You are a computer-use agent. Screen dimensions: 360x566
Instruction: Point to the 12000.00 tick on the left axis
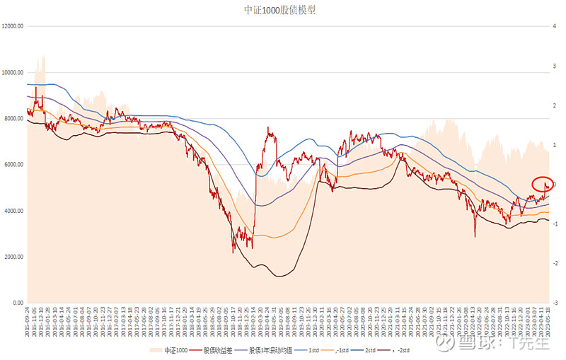point(13,26)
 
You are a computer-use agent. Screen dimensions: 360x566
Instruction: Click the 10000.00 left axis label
point(13,72)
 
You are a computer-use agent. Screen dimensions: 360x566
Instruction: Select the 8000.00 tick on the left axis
point(14,118)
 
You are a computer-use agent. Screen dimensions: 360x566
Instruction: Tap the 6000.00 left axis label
point(14,164)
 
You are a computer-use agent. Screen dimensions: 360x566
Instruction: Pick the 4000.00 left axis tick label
point(14,211)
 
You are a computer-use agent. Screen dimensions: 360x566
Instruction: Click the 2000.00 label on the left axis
point(14,257)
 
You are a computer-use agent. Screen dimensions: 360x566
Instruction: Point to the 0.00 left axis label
point(18,303)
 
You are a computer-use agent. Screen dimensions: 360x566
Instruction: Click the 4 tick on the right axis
point(557,26)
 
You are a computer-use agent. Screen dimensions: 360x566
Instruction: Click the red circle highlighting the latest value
point(543,185)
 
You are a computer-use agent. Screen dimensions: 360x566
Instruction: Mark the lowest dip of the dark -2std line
point(279,276)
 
